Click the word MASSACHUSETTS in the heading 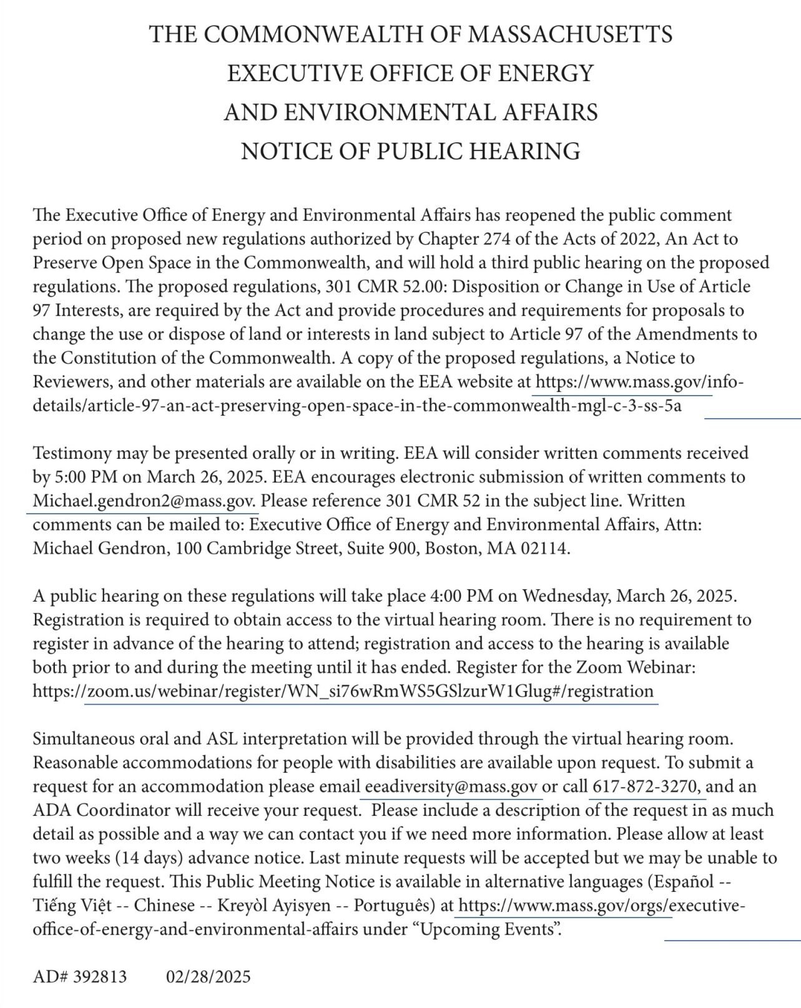[570, 34]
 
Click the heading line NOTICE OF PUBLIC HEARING [410, 151]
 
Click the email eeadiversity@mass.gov [451, 786]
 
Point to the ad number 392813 [99, 976]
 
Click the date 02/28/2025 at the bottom [208, 976]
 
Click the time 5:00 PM [86, 477]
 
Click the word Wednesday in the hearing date [566, 595]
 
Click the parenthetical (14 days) [147, 858]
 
